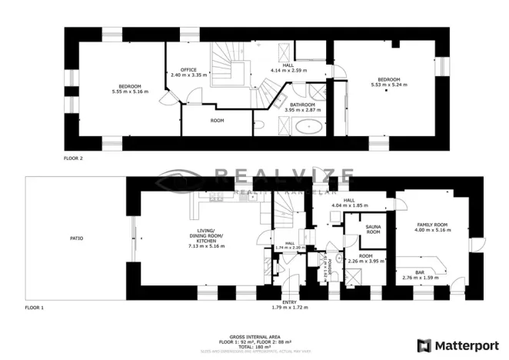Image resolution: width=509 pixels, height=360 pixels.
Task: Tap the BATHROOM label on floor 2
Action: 301,105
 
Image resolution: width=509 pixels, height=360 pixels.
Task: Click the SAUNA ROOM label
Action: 373,228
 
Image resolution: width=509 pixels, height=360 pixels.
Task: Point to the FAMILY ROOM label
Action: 431,225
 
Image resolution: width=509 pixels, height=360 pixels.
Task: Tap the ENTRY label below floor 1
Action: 289,302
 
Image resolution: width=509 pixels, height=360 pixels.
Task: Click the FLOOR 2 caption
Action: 73,158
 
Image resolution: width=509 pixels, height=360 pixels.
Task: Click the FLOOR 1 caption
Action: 35,307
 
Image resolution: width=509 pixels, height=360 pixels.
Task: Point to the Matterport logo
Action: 457,344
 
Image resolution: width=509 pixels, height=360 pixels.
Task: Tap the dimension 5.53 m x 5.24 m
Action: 388,85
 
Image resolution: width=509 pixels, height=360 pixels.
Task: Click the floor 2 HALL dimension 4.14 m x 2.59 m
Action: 288,71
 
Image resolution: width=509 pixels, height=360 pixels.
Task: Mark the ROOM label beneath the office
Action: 217,121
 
